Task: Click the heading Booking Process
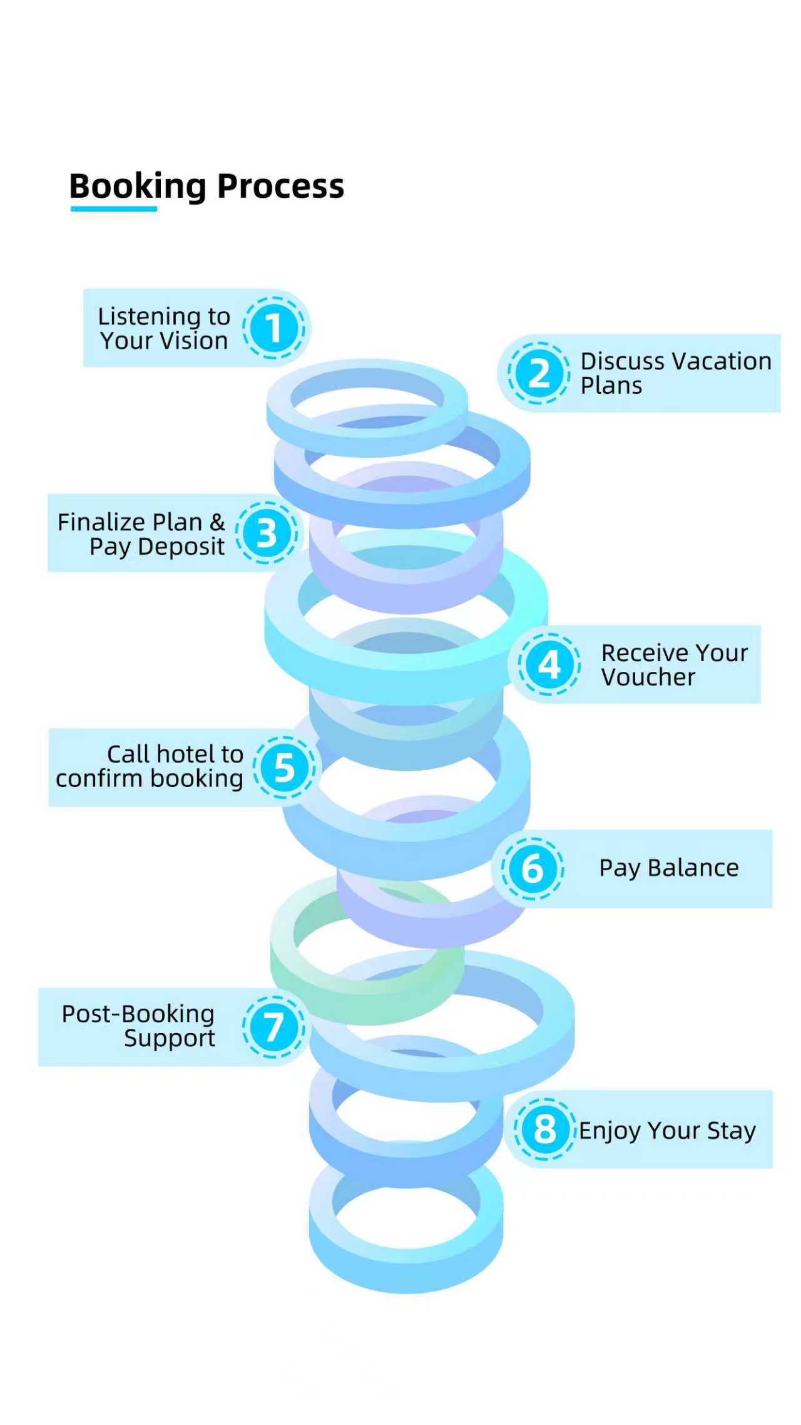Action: click(207, 186)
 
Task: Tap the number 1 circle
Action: click(273, 328)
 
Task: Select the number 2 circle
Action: click(539, 373)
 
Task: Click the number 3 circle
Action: click(267, 533)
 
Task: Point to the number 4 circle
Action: click(549, 664)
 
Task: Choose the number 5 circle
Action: click(285, 768)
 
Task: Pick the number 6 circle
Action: click(533, 868)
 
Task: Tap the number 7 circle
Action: click(274, 1027)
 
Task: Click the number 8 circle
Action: click(544, 1129)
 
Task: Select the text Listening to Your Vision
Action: click(164, 329)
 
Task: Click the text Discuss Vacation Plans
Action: click(676, 373)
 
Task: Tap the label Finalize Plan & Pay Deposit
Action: click(141, 534)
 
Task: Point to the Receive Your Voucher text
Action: click(674, 665)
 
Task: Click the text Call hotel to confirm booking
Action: click(150, 766)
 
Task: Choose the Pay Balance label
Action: click(669, 868)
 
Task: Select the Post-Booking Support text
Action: click(138, 1026)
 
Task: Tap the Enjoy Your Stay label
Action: click(667, 1130)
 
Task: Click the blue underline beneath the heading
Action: click(113, 208)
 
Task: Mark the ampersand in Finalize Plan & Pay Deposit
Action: click(217, 522)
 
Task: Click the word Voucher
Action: click(648, 677)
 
